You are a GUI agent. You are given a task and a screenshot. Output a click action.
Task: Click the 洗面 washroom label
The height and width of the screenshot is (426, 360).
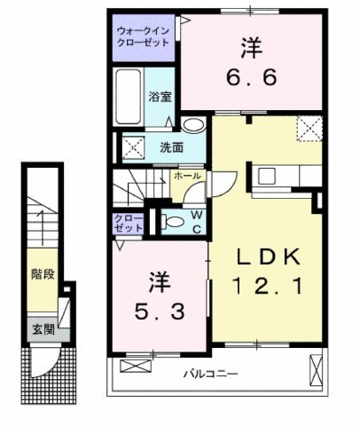click(x=171, y=147)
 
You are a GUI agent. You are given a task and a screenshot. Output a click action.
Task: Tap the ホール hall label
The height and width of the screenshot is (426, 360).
click(x=184, y=177)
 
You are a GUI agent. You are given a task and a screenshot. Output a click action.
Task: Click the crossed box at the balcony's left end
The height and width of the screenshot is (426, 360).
click(x=131, y=366)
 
